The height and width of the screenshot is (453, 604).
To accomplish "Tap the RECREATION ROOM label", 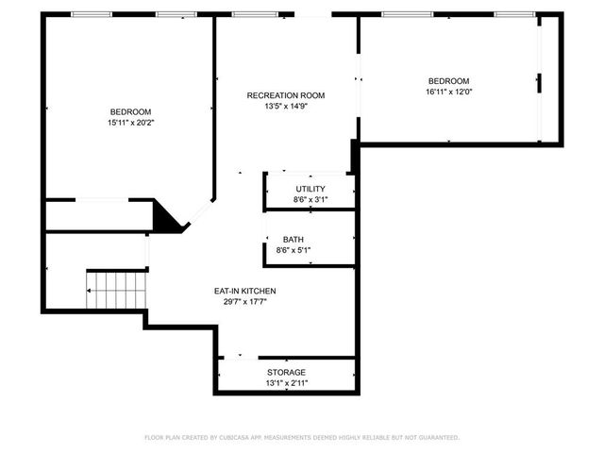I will tap(286, 95).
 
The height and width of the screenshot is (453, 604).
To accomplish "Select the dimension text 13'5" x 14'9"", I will tap(286, 107).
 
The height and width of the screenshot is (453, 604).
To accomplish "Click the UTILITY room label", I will tap(310, 189).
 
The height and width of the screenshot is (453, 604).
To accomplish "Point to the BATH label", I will tap(294, 240).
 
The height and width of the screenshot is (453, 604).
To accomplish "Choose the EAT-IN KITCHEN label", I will tap(244, 291).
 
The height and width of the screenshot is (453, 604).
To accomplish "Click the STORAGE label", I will tap(286, 373).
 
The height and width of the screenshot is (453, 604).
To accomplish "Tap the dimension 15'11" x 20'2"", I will tap(130, 123).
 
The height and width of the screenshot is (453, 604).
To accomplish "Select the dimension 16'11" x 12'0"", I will tap(448, 92).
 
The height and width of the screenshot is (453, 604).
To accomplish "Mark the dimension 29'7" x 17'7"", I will tap(244, 302).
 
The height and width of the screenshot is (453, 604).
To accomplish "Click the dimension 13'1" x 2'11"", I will tap(286, 383).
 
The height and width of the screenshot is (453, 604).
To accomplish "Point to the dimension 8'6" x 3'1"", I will tap(310, 200).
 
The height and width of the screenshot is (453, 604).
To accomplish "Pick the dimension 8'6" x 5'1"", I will tap(294, 250).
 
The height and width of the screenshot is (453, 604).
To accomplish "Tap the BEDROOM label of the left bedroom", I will tap(130, 111).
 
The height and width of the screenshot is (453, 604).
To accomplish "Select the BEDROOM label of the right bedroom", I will tap(448, 81).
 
